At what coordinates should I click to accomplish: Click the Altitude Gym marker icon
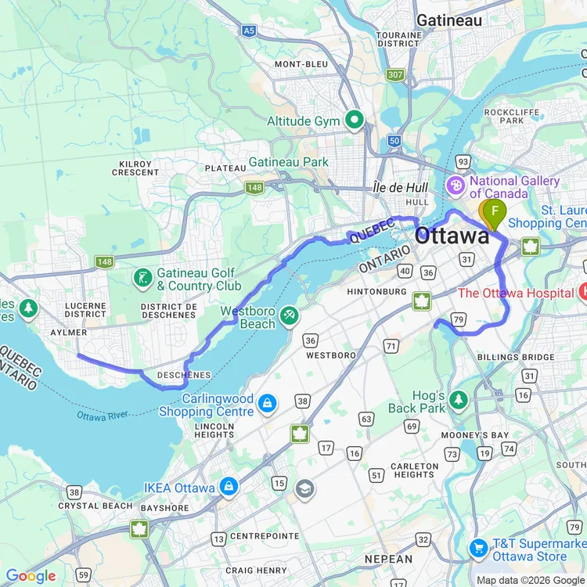354,121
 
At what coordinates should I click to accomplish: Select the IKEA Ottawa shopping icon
229,487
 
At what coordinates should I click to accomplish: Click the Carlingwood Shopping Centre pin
268,403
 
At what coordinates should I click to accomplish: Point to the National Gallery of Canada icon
455,187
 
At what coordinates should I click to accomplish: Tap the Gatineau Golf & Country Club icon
142,278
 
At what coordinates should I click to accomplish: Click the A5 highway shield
249,31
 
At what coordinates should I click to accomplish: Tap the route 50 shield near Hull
394,140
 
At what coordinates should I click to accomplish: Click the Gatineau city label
449,20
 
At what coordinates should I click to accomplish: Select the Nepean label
388,559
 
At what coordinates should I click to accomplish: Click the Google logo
31,577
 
